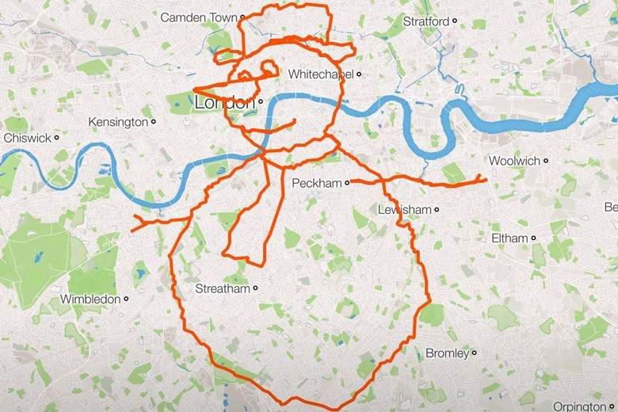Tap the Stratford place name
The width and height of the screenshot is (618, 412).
[x=425, y=21]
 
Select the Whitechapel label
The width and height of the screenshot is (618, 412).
[x=321, y=74]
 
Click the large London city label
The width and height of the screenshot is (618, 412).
[x=225, y=103]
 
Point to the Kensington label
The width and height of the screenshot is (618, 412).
[x=118, y=122]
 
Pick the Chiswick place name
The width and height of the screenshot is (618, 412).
[x=27, y=137]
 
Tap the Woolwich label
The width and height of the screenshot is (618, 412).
[x=514, y=161]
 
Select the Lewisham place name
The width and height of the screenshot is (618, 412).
[x=404, y=209]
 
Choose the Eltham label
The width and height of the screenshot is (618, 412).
[x=509, y=238]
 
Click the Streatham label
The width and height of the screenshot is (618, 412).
[x=223, y=288]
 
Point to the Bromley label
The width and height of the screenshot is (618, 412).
[x=448, y=353]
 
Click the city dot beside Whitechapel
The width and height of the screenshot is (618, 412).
[x=359, y=74]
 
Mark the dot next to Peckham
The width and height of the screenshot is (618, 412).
[x=347, y=183]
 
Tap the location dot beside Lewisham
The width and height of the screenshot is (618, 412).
[x=437, y=210]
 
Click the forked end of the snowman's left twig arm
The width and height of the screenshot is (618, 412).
[x=135, y=222]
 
